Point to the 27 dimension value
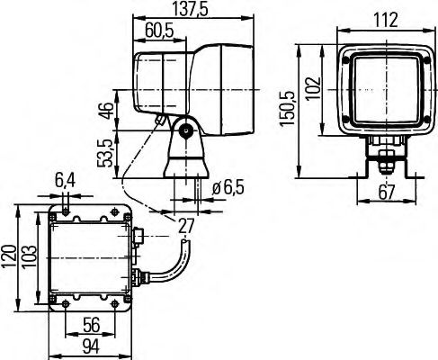[185, 225]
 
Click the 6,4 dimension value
[66, 181]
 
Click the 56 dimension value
[91, 326]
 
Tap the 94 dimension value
[91, 346]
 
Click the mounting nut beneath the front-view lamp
[386, 162]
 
